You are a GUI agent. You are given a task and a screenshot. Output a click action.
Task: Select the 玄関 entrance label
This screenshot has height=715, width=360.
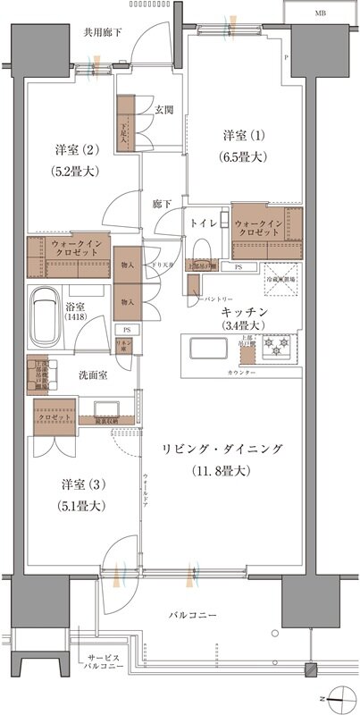click(x=164, y=110)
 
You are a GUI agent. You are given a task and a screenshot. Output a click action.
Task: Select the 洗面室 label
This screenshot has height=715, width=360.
click(x=92, y=375)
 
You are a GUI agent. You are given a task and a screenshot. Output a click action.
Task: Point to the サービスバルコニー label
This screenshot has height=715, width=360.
click(x=102, y=660)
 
